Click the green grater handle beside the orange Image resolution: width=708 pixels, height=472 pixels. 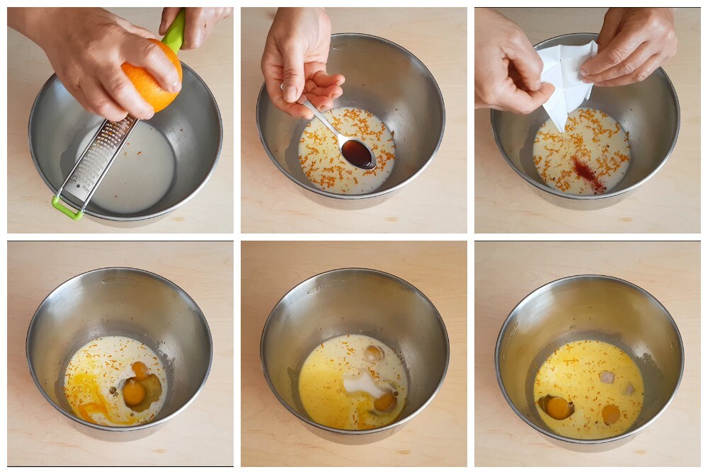(173, 33)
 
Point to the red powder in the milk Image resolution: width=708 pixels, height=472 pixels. (588, 174)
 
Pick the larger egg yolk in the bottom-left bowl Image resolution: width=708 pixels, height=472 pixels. (134, 392)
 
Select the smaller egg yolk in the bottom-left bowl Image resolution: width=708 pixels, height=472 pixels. (140, 369)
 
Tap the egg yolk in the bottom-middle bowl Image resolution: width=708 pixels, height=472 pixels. (385, 401)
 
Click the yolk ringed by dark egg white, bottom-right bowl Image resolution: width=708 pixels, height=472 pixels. (557, 407)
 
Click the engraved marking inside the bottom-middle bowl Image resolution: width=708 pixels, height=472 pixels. (326, 286)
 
